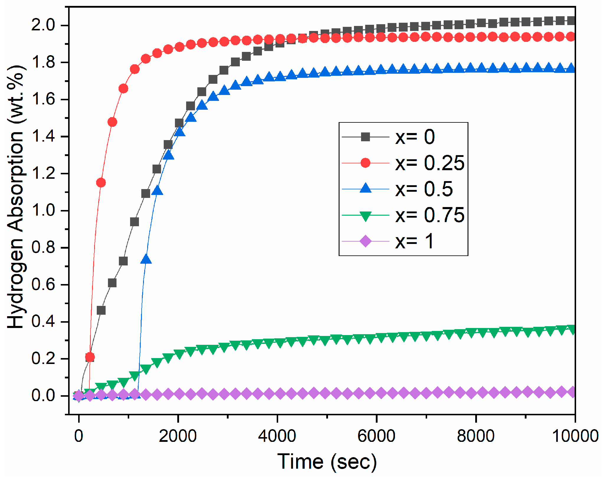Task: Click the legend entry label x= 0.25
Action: point(429,163)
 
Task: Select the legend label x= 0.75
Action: point(429,215)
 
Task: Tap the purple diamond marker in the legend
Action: point(365,241)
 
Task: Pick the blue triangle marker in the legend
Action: point(365,188)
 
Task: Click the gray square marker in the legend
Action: point(365,137)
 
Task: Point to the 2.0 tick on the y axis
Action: point(43,25)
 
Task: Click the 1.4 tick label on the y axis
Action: point(43,137)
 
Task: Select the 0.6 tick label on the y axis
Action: point(43,285)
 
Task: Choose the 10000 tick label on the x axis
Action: point(575,436)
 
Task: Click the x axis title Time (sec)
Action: point(327,462)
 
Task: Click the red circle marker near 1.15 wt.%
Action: point(101,183)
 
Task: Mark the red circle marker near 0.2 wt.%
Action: point(90,357)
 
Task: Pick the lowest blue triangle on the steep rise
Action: point(146,260)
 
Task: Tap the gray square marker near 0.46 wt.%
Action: point(101,310)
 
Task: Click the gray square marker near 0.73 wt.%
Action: point(123,261)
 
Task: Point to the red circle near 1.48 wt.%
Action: point(112,122)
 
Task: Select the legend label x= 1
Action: point(414,241)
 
